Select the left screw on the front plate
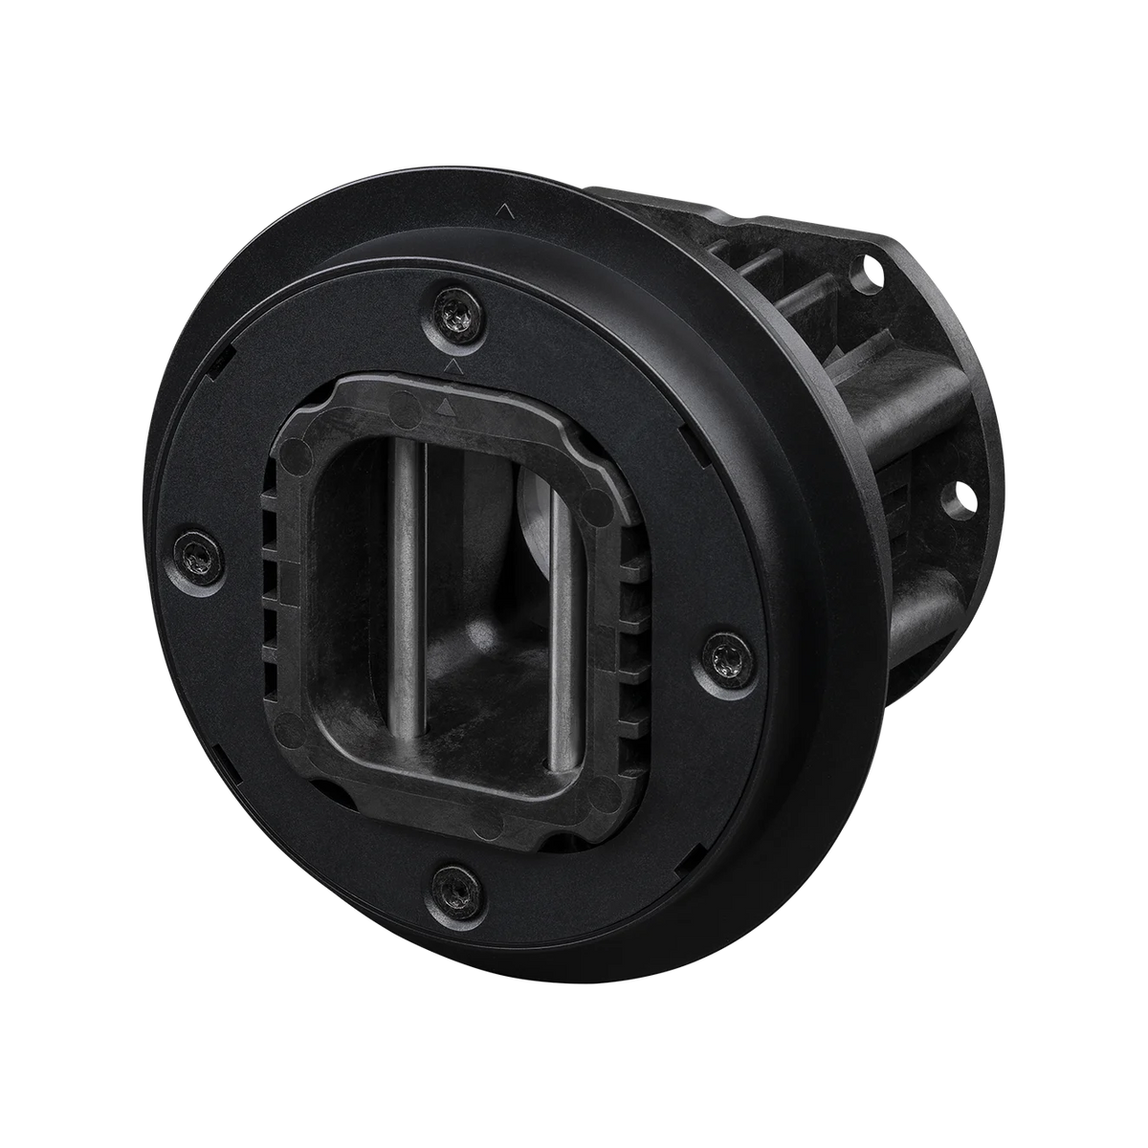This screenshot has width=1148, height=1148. pos(197,553)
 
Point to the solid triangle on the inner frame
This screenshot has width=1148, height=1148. pos(443,407)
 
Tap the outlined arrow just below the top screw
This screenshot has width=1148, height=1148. pos(454,366)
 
